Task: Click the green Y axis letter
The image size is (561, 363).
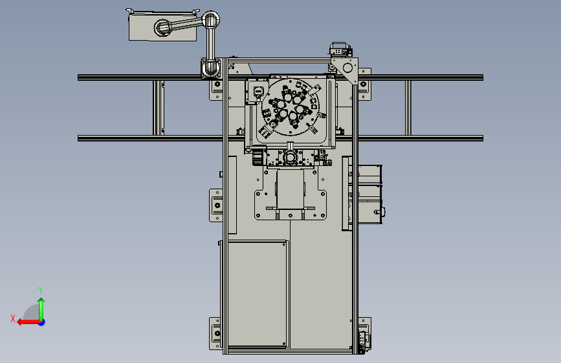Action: [41, 290]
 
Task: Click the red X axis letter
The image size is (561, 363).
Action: [13, 318]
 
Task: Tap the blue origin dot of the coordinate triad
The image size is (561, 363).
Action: [42, 322]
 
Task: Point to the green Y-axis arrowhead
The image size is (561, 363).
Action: [41, 301]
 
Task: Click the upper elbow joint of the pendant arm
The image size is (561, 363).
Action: [211, 20]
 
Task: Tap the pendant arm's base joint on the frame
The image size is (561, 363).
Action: [211, 68]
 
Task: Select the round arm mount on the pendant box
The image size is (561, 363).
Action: [163, 28]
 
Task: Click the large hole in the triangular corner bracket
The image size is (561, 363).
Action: [347, 68]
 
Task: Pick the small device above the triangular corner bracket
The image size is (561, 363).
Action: [340, 50]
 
